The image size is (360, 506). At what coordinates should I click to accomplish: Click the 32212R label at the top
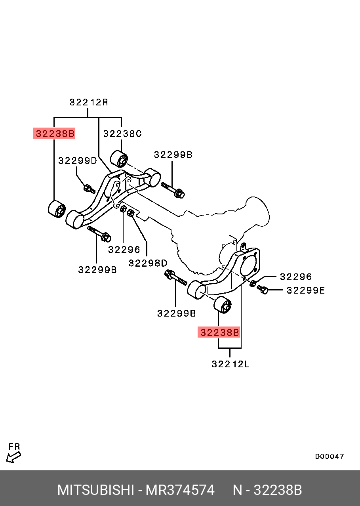pos(89,102)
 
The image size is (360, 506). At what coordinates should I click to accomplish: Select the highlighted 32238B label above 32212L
pos(219,332)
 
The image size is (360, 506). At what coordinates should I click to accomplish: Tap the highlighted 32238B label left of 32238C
pos(54,134)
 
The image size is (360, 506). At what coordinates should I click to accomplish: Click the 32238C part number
pos(122,134)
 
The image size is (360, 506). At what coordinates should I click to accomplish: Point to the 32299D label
pos(77,160)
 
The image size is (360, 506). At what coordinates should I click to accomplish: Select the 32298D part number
pos(148,263)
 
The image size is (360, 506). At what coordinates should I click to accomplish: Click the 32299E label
pos(305,290)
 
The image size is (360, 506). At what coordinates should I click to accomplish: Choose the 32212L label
pos(230,364)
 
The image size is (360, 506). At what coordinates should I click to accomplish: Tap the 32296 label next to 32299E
pos(296,277)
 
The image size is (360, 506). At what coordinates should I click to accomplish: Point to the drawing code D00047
pos(330,456)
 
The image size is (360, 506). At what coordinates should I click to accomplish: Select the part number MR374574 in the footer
pos(180,490)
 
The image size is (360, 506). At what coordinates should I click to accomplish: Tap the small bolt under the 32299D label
pos(89,188)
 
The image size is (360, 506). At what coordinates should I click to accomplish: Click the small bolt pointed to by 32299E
pos(263,290)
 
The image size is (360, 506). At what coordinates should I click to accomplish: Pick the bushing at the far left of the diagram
pos(57,209)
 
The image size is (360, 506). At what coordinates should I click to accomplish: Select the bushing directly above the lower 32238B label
pos(223,304)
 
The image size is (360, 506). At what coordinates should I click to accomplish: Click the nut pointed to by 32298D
pos(131,214)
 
